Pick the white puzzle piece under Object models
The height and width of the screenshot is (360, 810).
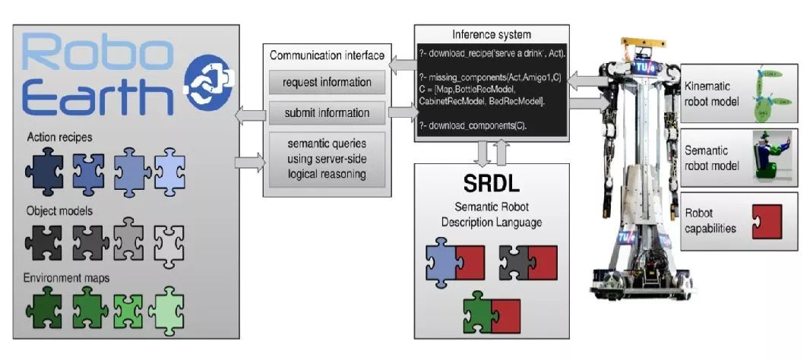pyautogui.click(x=169, y=242)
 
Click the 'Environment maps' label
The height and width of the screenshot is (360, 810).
pyautogui.click(x=67, y=278)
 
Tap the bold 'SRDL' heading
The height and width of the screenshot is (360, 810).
pyautogui.click(x=490, y=183)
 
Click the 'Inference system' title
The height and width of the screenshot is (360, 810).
pyautogui.click(x=491, y=34)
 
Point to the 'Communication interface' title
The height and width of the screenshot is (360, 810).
pyautogui.click(x=327, y=55)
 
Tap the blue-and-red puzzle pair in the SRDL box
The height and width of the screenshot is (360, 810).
pyautogui.click(x=454, y=261)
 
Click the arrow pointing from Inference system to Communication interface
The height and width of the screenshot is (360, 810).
pyautogui.click(x=401, y=68)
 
